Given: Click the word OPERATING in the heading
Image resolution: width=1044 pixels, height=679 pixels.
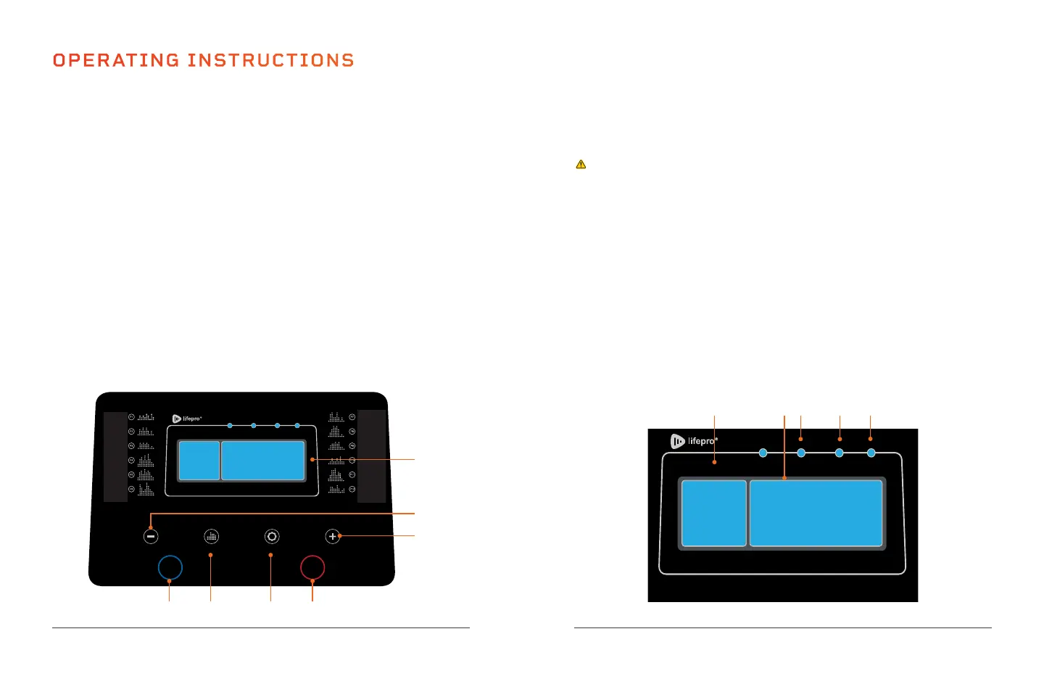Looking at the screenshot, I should click(116, 60).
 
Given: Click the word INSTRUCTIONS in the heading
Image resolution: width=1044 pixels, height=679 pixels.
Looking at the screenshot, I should click(270, 60).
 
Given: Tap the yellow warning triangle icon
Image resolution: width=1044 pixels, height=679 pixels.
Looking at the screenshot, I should click(581, 165).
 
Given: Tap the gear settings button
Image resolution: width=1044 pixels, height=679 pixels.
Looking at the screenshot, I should click(272, 537).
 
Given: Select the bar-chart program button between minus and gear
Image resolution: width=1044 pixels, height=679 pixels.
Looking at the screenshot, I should click(211, 537).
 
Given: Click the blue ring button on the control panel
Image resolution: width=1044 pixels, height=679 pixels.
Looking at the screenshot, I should click(170, 567).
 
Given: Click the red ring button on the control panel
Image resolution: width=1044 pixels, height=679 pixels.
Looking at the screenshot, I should click(312, 567).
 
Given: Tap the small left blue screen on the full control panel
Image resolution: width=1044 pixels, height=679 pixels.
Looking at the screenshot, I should click(199, 461).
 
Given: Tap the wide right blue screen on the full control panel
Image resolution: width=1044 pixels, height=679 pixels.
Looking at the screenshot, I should click(262, 461).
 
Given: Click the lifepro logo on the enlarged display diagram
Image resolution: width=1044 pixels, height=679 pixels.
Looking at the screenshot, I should click(693, 441).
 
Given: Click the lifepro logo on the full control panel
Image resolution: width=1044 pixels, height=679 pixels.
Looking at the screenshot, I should click(186, 419).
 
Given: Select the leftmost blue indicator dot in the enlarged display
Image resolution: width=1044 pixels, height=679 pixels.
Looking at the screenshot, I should click(763, 453).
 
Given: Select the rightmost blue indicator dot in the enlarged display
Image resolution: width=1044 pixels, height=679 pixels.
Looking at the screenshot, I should click(871, 453).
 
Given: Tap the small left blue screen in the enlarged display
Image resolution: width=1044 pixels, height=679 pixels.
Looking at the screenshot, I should click(714, 513).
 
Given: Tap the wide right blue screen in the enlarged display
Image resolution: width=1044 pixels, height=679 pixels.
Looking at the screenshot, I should click(816, 513).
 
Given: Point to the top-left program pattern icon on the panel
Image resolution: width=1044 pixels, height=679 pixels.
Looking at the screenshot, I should click(146, 417).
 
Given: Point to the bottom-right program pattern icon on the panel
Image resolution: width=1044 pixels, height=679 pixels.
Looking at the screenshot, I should click(336, 489).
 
